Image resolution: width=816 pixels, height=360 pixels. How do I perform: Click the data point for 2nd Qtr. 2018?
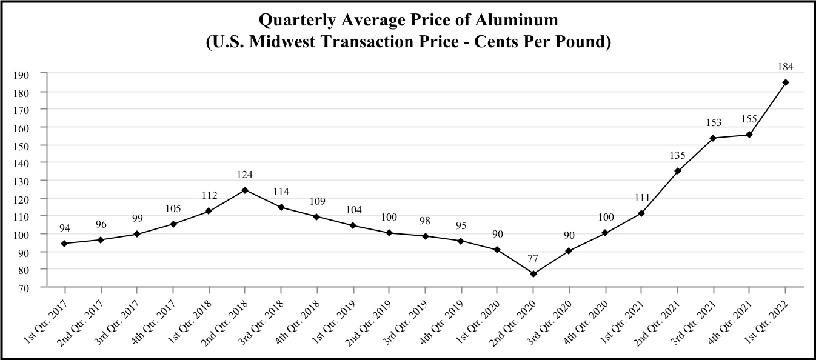[x=245, y=190]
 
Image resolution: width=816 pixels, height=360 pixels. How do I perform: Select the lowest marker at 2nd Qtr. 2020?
[x=533, y=274]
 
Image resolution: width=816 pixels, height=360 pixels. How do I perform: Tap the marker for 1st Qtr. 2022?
[x=786, y=82]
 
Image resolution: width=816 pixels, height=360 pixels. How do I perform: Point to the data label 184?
[x=786, y=67]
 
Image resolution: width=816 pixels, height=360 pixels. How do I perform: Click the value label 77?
[x=533, y=259]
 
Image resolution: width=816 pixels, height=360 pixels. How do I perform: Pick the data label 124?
[x=245, y=175]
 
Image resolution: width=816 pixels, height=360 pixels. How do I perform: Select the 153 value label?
[x=714, y=123]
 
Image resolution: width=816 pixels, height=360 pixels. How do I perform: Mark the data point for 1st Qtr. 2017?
[x=64, y=244]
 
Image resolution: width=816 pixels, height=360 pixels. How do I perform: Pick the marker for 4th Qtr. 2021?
[x=749, y=135]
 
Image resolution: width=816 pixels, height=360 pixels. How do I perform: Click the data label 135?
[x=677, y=156]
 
